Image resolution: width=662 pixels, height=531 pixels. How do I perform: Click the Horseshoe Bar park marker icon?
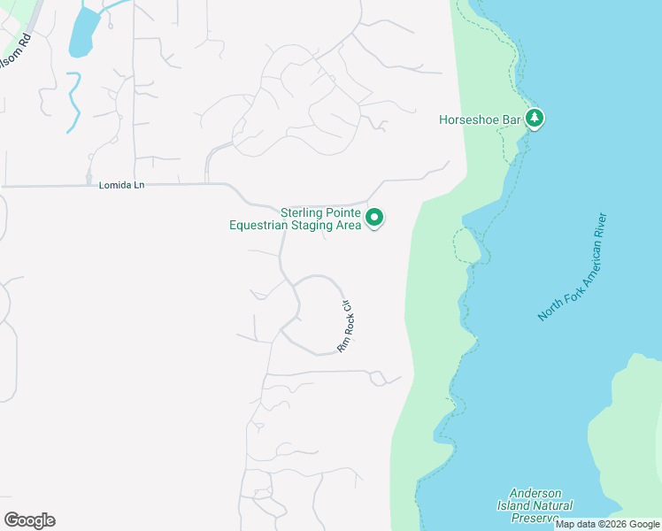pyautogui.click(x=534, y=119)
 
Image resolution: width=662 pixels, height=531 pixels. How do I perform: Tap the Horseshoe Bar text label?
pyautogui.click(x=481, y=119)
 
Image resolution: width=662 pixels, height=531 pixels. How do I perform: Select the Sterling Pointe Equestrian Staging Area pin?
pyautogui.click(x=374, y=217)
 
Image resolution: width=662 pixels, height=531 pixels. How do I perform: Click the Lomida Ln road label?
pyautogui.click(x=121, y=185)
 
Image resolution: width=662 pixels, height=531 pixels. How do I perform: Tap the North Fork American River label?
pyautogui.click(x=573, y=266)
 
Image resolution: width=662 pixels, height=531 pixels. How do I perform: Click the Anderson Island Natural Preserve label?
pyautogui.click(x=541, y=505)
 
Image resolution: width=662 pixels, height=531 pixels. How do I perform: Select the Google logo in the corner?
pyautogui.click(x=29, y=520)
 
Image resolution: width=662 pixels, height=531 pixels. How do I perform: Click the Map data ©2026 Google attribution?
pyautogui.click(x=608, y=524)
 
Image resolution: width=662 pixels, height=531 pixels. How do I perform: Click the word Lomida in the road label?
pyautogui.click(x=113, y=185)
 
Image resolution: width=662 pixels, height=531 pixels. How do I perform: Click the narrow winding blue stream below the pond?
pyautogui.click(x=73, y=102)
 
